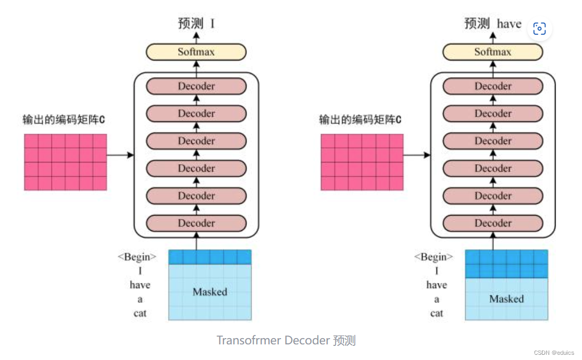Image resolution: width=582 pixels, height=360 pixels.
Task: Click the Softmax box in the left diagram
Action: tap(196, 52)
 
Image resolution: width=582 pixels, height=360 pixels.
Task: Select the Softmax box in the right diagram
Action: tap(492, 52)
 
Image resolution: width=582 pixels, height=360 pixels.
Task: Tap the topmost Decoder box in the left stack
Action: tap(196, 86)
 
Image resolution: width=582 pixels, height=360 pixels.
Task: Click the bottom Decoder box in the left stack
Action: tap(196, 224)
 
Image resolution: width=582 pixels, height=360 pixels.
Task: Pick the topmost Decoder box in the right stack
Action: tap(492, 86)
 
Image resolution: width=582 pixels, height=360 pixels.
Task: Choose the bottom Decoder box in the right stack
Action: tap(492, 224)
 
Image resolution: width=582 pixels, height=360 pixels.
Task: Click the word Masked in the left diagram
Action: tap(210, 292)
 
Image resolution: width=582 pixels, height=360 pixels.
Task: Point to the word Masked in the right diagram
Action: tap(506, 299)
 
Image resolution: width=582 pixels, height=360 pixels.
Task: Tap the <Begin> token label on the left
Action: tap(137, 257)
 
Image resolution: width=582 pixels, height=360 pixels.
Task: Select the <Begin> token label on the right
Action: tap(434, 257)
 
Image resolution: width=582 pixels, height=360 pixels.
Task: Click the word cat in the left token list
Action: tap(140, 313)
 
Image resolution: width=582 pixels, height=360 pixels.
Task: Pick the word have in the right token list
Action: tap(437, 285)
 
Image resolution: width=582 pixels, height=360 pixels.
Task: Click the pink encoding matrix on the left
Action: tap(65, 162)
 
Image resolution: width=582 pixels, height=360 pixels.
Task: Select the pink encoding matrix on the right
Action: tap(362, 162)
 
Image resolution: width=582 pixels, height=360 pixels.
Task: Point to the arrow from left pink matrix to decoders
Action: tap(120, 155)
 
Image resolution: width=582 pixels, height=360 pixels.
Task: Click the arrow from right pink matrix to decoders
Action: tap(417, 155)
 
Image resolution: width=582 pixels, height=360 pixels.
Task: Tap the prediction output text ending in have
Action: tap(492, 24)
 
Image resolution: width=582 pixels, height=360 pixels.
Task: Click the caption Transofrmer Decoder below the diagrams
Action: tap(286, 341)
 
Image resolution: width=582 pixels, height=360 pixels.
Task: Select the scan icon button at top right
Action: tap(539, 28)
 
